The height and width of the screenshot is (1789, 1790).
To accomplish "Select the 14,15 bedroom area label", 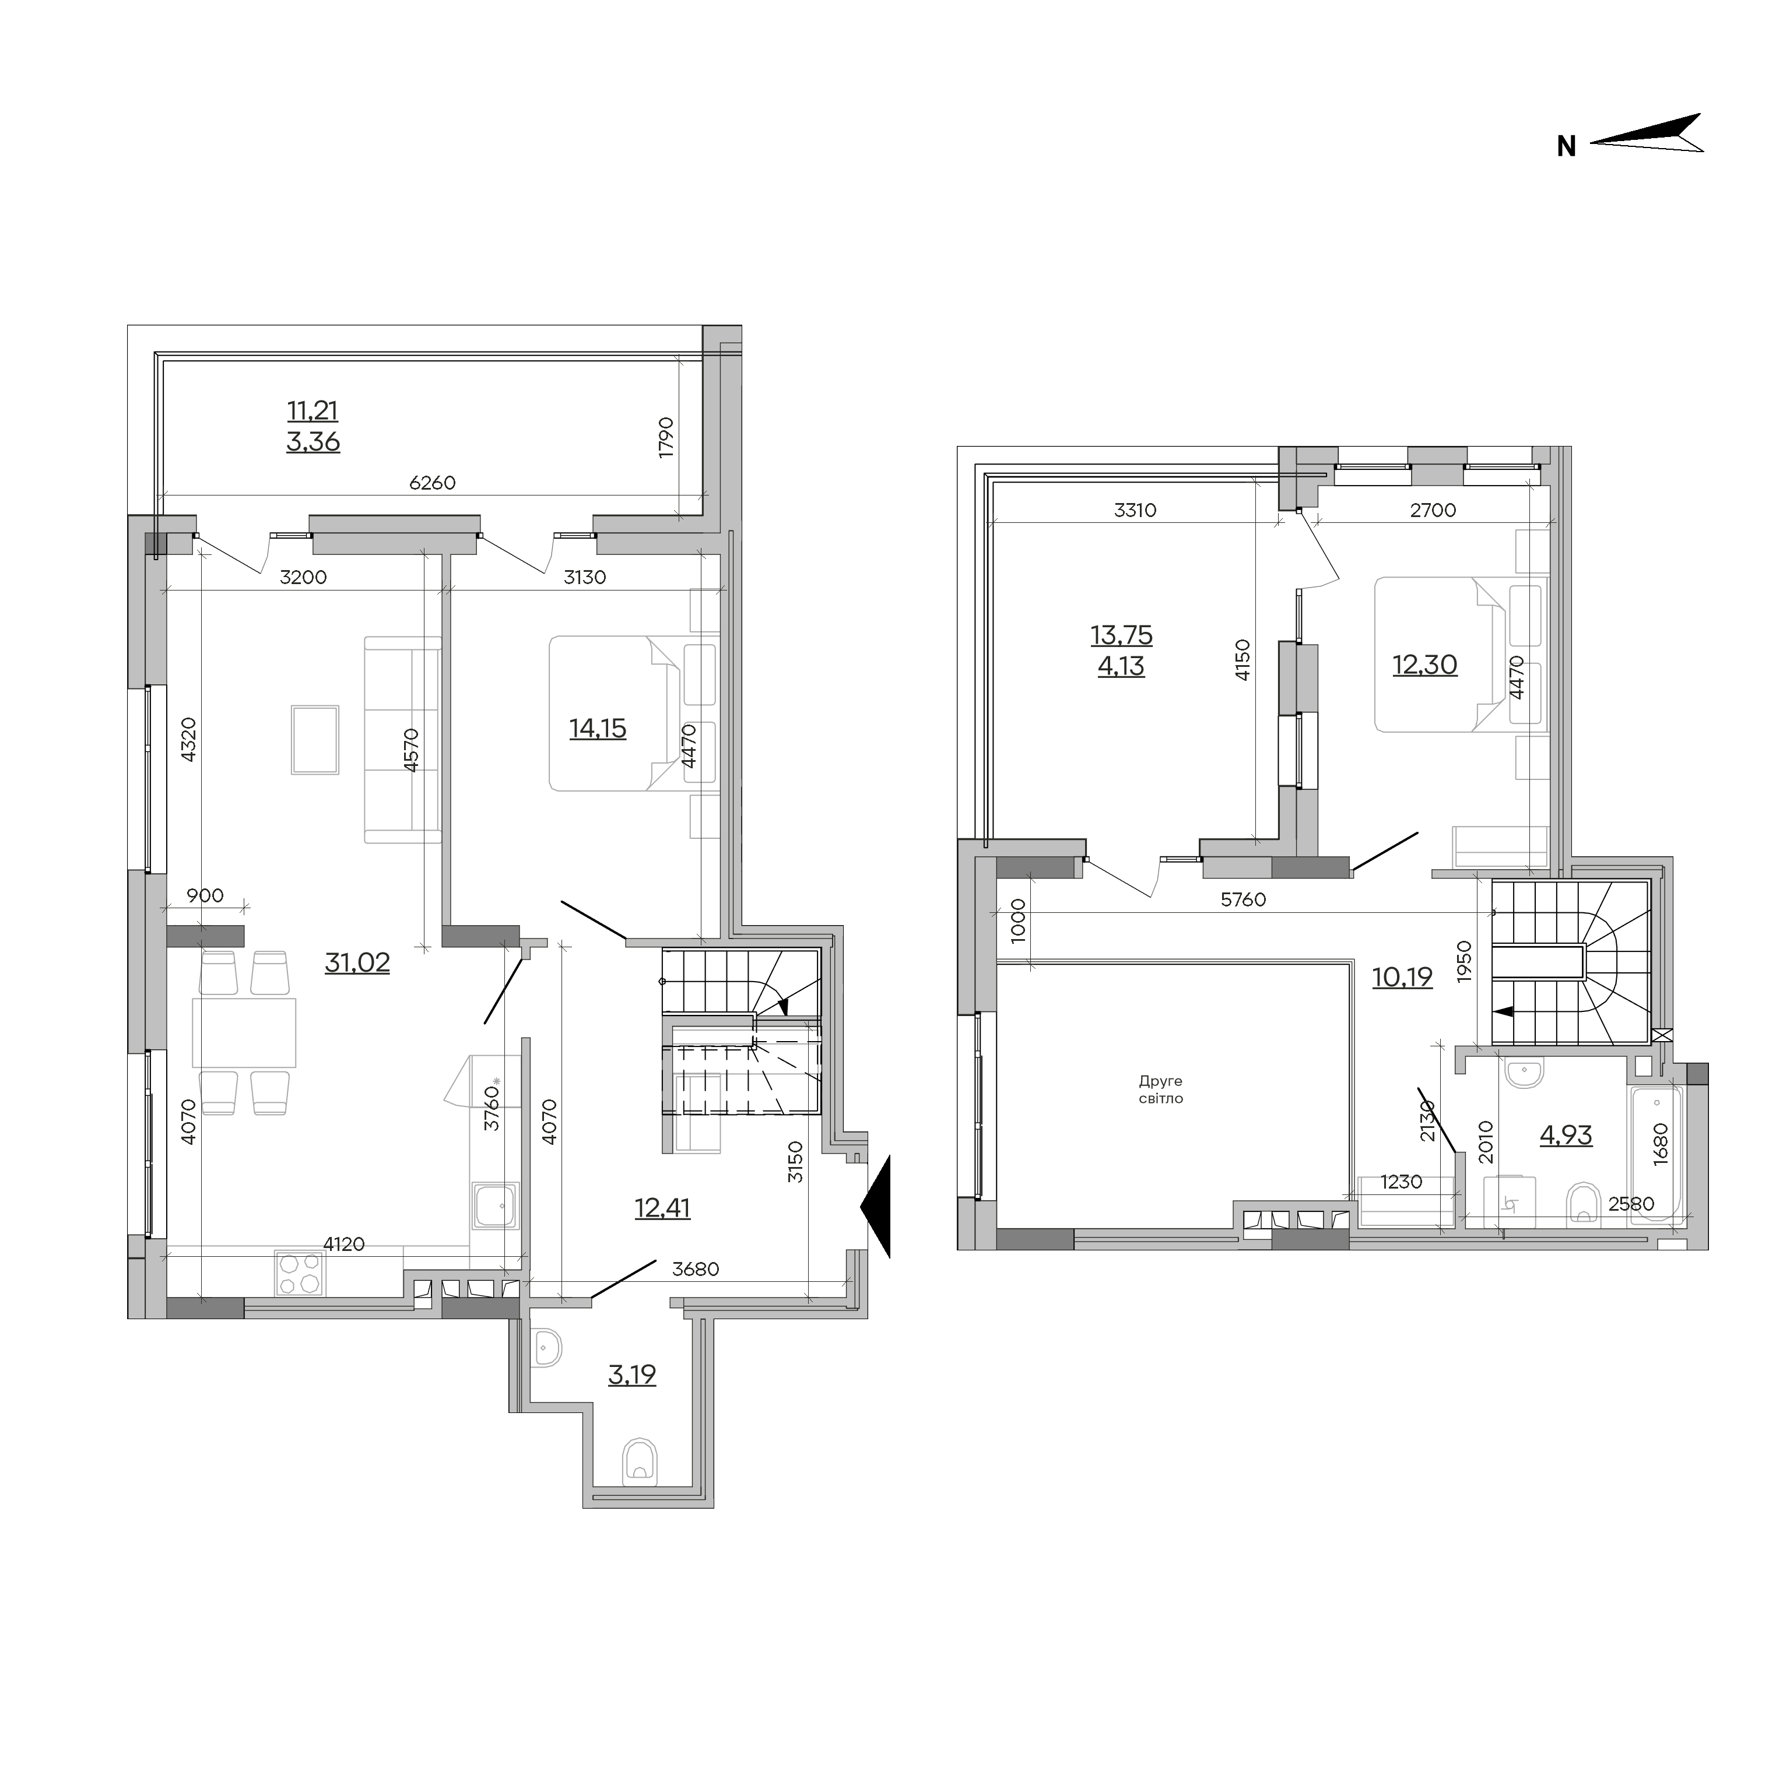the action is click(x=598, y=729).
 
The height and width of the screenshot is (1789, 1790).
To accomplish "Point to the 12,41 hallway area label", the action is click(x=662, y=1208).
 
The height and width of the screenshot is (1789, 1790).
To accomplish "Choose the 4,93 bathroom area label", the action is click(x=1566, y=1135).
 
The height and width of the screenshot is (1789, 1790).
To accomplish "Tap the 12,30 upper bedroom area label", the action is click(x=1425, y=665).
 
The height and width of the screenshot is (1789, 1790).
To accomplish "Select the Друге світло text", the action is click(x=1161, y=1089).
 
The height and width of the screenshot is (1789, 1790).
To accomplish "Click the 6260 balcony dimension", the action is click(x=433, y=483).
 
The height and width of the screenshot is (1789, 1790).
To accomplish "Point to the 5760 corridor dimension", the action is click(x=1243, y=899).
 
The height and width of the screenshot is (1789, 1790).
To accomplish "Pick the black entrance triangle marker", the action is click(x=876, y=1206).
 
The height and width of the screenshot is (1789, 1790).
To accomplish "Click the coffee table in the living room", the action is click(x=315, y=739).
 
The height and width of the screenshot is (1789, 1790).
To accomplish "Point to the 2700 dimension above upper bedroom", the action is click(x=1433, y=511).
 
